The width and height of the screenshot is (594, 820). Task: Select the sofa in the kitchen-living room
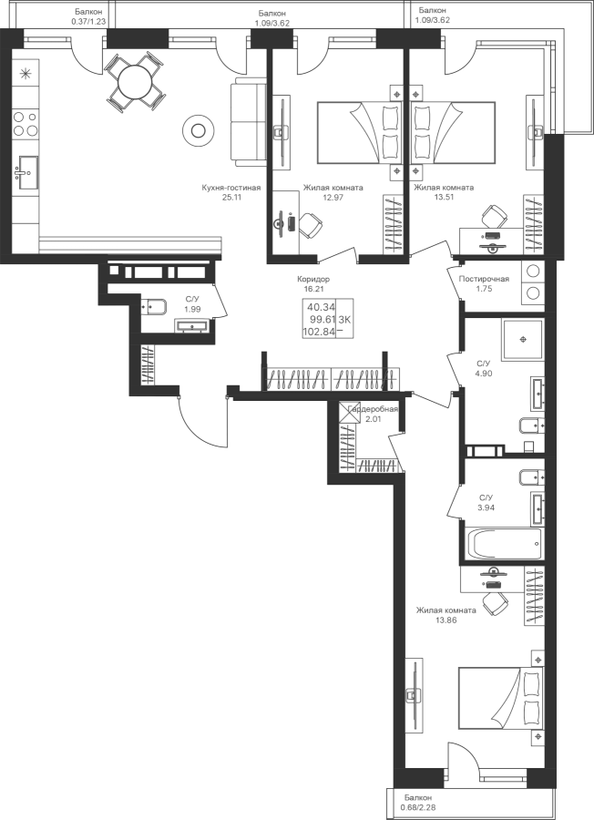247,121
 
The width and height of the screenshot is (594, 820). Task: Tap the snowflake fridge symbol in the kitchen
26,73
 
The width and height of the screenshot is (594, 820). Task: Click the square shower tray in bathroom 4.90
523,340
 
